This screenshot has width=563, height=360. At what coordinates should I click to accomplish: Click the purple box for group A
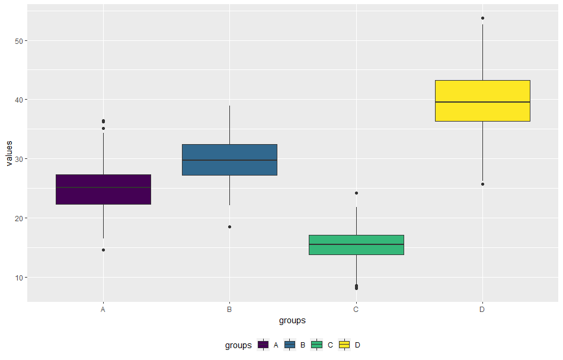pyautogui.click(x=103, y=189)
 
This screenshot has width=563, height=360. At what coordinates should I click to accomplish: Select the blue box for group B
pyautogui.click(x=229, y=160)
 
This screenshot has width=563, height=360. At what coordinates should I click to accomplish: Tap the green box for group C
pyautogui.click(x=356, y=245)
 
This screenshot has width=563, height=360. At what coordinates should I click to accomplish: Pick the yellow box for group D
pyautogui.click(x=482, y=101)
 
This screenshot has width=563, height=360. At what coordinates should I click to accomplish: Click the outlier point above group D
pyautogui.click(x=483, y=18)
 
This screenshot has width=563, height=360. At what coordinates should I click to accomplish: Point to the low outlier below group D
pyautogui.click(x=483, y=184)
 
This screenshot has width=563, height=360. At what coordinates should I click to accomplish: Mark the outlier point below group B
pyautogui.click(x=229, y=227)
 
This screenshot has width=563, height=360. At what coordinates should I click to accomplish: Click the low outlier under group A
pyautogui.click(x=103, y=250)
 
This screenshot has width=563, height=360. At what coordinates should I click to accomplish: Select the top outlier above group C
pyautogui.click(x=356, y=193)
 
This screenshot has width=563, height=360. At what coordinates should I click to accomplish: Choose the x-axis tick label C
pyautogui.click(x=356, y=310)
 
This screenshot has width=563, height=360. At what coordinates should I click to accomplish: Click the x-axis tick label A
pyautogui.click(x=103, y=310)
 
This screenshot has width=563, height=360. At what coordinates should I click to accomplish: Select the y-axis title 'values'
pyautogui.click(x=8, y=154)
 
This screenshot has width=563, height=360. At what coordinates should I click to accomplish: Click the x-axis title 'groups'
pyautogui.click(x=292, y=321)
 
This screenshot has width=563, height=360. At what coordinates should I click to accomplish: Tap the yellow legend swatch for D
pyautogui.click(x=344, y=345)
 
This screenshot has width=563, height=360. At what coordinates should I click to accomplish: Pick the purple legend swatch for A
pyautogui.click(x=263, y=345)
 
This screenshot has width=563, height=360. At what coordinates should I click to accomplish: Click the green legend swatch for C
pyautogui.click(x=317, y=345)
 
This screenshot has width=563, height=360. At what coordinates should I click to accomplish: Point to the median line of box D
pyautogui.click(x=482, y=102)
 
